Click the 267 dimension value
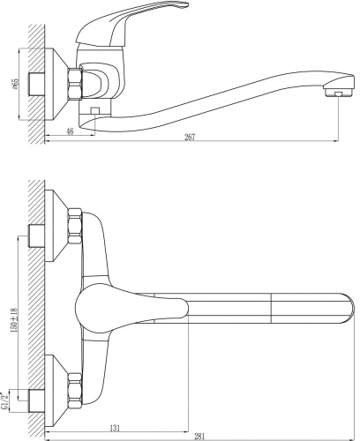[x=190, y=137]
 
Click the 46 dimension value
[x=70, y=131]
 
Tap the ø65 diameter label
[x=15, y=85]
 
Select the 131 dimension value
[x=115, y=428]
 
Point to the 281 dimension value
[x=199, y=437]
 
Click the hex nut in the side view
[x=75, y=84]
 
